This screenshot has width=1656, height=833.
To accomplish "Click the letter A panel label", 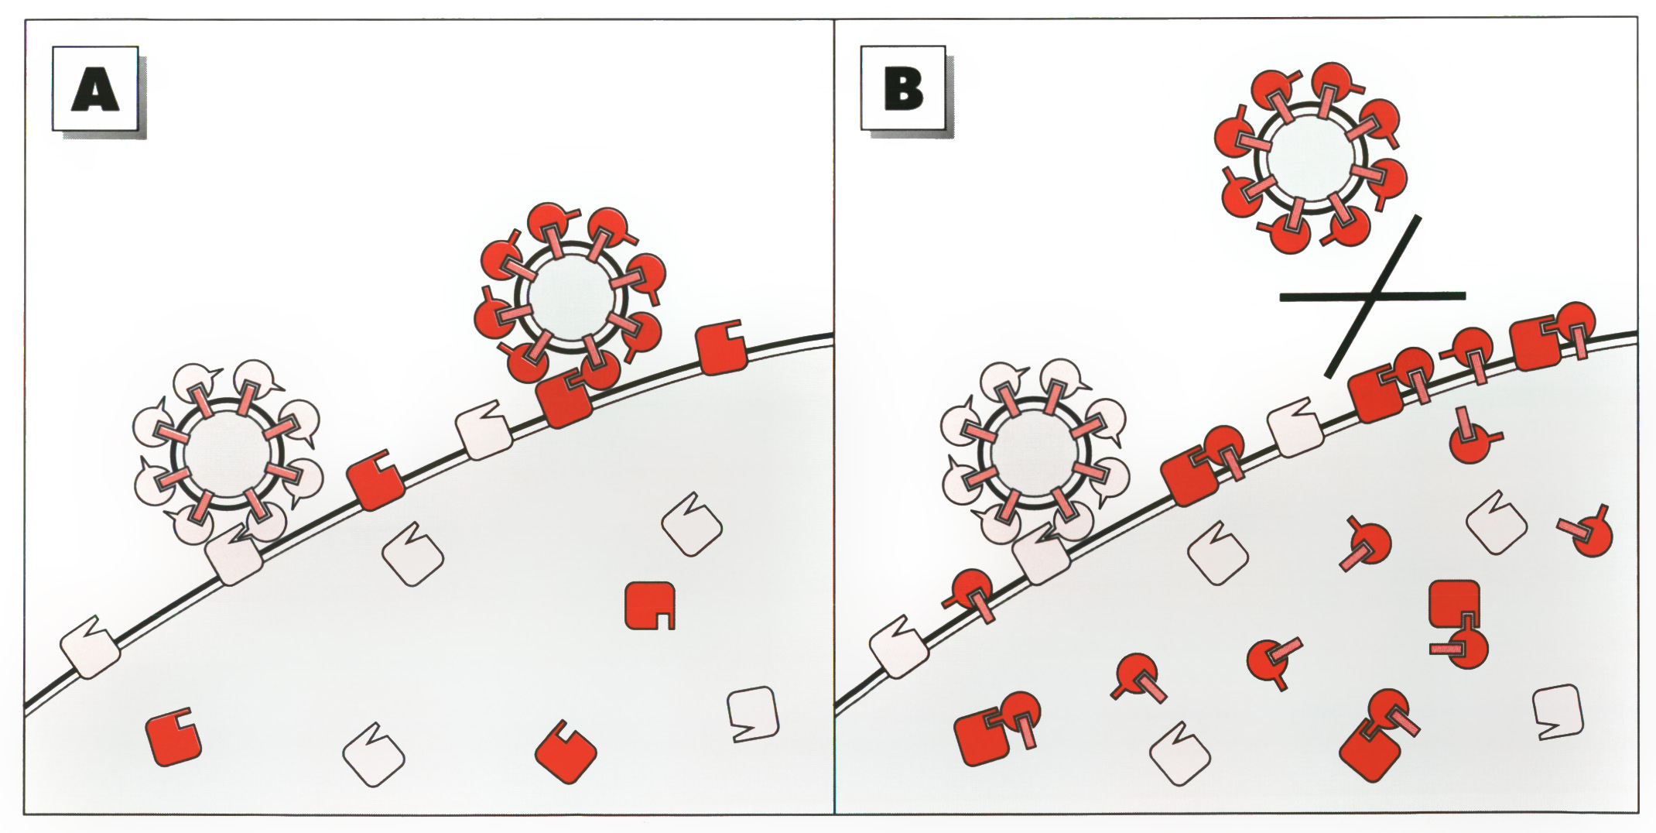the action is coord(95,90).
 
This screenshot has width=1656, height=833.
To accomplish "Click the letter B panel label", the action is coord(903,90).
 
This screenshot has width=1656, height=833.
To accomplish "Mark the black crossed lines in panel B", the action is coord(1373,296).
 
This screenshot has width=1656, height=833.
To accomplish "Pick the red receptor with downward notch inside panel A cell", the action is coord(650,605).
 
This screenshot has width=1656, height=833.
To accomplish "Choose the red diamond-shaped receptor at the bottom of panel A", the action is coord(566,752).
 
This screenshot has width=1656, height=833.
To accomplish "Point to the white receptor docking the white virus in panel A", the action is coord(234,554).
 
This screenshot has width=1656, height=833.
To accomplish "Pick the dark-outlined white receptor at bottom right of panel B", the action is coord(1558,713).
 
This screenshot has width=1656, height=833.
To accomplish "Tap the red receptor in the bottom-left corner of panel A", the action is coord(173,737).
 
